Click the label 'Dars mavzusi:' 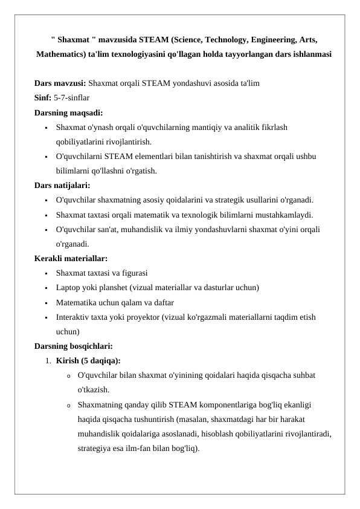coord(60,83)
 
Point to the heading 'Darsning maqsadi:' coord(68,112)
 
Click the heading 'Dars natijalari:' coord(62,186)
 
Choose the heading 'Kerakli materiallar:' coord(71,259)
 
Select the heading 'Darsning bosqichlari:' coord(73,346)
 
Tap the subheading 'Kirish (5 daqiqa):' coord(88,361)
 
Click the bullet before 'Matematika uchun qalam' coord(46,302)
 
